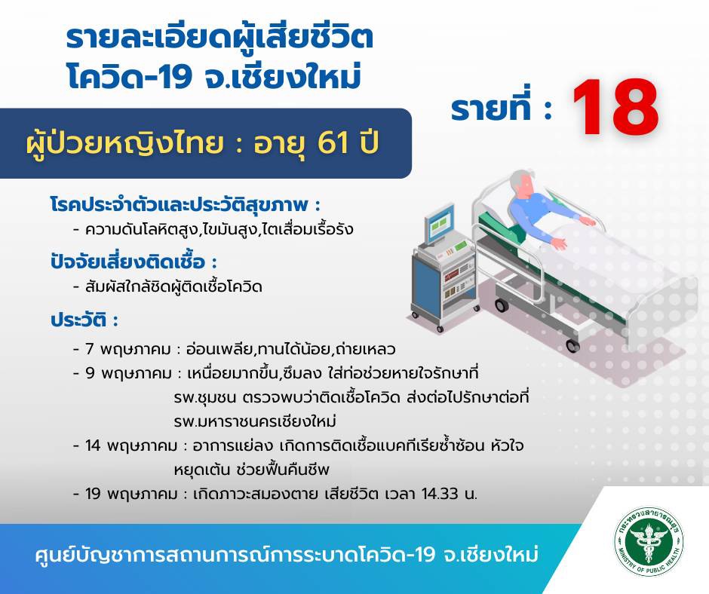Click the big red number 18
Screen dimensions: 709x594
pyautogui.click(x=615, y=108)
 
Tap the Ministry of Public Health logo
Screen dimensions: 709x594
pyautogui.click(x=649, y=541)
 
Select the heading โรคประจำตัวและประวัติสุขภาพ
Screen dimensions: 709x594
pyautogui.click(x=180, y=205)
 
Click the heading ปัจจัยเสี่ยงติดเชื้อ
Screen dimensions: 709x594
pyautogui.click(x=128, y=262)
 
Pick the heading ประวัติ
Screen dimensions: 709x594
pyautogui.click(x=78, y=320)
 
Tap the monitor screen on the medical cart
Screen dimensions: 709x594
pyautogui.click(x=439, y=224)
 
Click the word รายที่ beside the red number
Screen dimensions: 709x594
pyautogui.click(x=493, y=110)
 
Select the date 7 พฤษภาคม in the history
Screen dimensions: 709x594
pyautogui.click(x=128, y=350)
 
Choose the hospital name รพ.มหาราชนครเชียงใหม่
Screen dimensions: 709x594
pyautogui.click(x=255, y=422)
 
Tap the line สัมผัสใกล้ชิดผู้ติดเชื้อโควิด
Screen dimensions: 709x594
pyautogui.click(x=173, y=286)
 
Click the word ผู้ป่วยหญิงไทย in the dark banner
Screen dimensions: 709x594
pyautogui.click(x=124, y=143)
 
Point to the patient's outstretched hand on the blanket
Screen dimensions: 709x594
pyautogui.click(x=560, y=243)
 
